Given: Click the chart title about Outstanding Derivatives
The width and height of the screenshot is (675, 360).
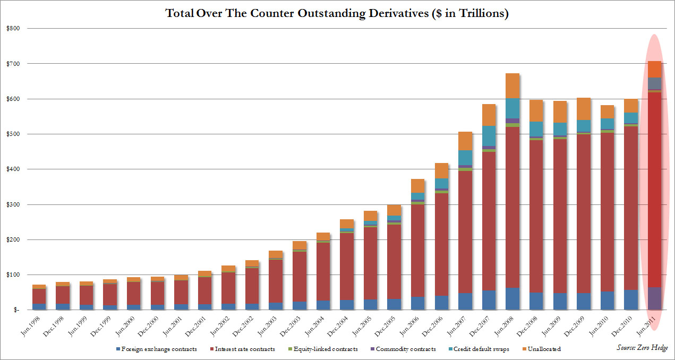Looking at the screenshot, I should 337,14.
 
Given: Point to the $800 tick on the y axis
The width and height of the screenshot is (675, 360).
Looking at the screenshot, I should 13,28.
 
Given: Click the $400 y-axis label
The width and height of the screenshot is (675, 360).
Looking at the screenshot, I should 13,169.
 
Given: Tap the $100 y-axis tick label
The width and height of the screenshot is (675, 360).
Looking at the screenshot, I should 13,275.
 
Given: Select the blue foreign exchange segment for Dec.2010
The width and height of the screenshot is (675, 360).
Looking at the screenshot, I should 630,299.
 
